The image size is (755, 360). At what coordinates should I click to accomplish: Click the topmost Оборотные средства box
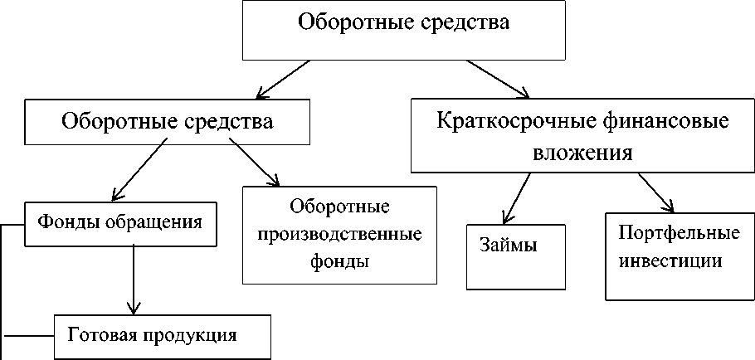(x=402, y=30)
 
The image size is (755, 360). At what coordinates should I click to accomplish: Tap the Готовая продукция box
(x=163, y=336)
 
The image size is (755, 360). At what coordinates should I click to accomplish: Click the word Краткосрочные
(x=513, y=122)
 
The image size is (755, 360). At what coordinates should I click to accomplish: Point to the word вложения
(x=582, y=153)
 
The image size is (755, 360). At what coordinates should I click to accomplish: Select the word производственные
(x=339, y=233)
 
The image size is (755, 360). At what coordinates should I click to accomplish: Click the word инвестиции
(x=670, y=260)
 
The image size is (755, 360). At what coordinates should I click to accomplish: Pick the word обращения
(x=161, y=222)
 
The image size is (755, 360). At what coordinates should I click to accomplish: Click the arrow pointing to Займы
(x=517, y=196)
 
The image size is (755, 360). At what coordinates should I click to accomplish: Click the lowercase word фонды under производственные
(x=339, y=261)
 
